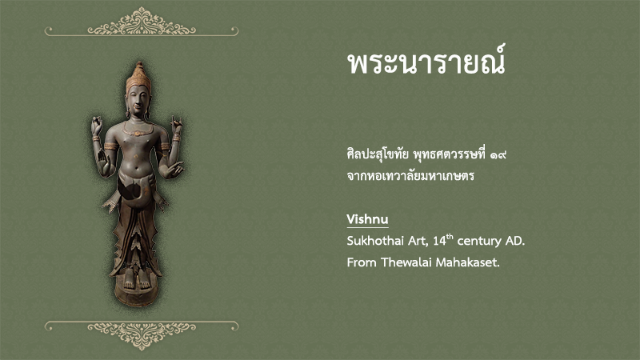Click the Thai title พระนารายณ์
[426, 62]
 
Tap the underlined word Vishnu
[367, 218]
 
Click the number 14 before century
[439, 242]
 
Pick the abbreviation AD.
[515, 241]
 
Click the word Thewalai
[406, 262]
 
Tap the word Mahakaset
[468, 262]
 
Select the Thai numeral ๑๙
[498, 155]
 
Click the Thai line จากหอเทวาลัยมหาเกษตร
[410, 176]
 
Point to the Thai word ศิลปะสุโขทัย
[378, 154]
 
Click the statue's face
[138, 100]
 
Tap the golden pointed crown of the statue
[138, 77]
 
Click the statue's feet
[137, 281]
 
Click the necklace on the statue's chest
[138, 130]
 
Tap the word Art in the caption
[418, 242]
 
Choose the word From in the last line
[362, 262]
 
